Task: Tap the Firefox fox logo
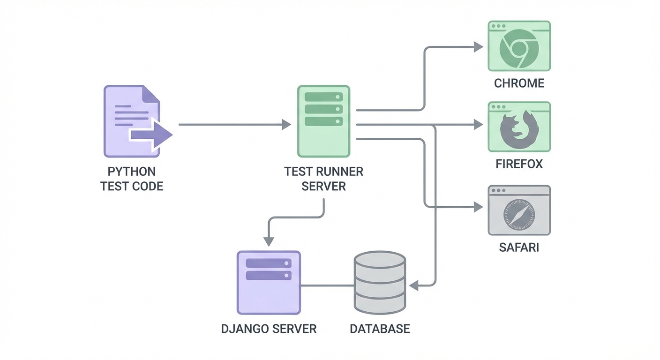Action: [519, 131]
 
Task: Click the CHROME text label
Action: [519, 83]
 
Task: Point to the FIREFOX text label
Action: [519, 164]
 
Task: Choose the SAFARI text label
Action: [519, 247]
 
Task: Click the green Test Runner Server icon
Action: [323, 121]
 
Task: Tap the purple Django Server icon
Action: [269, 282]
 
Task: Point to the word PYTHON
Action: [132, 171]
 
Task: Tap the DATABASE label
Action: [380, 329]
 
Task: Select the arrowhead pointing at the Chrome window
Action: [478, 47]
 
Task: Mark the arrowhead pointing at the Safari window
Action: [478, 207]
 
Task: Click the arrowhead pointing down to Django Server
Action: [269, 241]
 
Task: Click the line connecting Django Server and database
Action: [327, 285]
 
